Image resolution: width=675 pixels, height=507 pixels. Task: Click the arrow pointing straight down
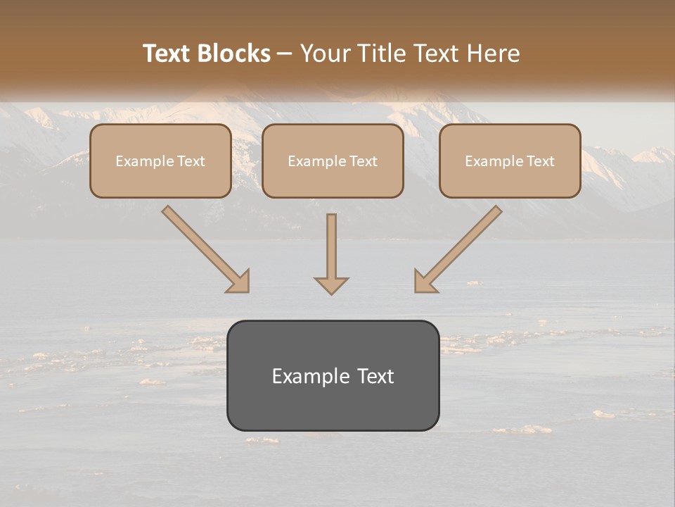(x=331, y=254)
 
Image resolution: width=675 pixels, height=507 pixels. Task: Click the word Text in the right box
(x=540, y=161)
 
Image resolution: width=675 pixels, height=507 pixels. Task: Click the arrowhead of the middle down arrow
(x=331, y=285)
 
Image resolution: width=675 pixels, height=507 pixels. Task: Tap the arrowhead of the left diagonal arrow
(x=239, y=282)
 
